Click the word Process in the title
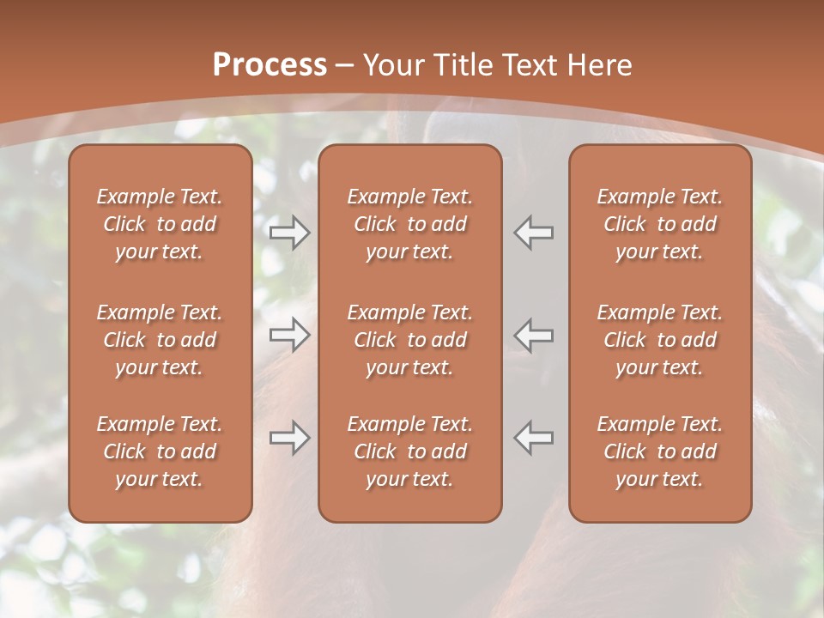point(270,65)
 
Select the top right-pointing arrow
point(290,233)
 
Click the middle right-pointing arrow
point(290,335)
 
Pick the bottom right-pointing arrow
point(290,438)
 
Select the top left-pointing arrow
point(534,233)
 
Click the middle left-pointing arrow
point(534,335)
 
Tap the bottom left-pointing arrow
point(534,438)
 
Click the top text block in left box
point(160,224)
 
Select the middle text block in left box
point(160,340)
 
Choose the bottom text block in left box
point(160,451)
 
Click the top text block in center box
point(409,224)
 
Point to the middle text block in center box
point(409,340)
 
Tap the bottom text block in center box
point(409,451)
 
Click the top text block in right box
point(659,224)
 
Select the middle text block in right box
point(659,340)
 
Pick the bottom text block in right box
point(659,451)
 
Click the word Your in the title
point(393,65)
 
